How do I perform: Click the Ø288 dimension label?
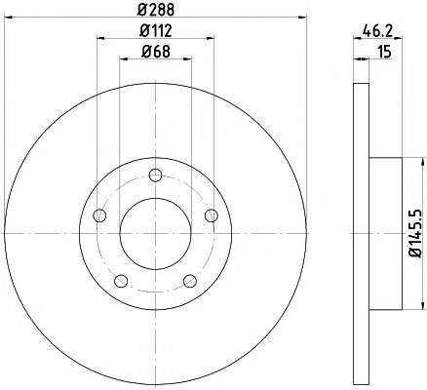[x=156, y=10]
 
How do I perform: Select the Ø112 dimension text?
[x=156, y=31]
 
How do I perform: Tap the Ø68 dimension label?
[x=156, y=52]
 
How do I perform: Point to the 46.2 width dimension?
[x=378, y=31]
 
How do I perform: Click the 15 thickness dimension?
[x=385, y=52]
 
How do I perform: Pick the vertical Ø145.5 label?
[x=414, y=233]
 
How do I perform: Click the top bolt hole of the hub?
[x=155, y=175]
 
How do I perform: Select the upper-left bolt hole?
[x=99, y=215]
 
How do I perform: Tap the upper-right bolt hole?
[x=212, y=215]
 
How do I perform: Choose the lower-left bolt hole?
[x=121, y=281]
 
